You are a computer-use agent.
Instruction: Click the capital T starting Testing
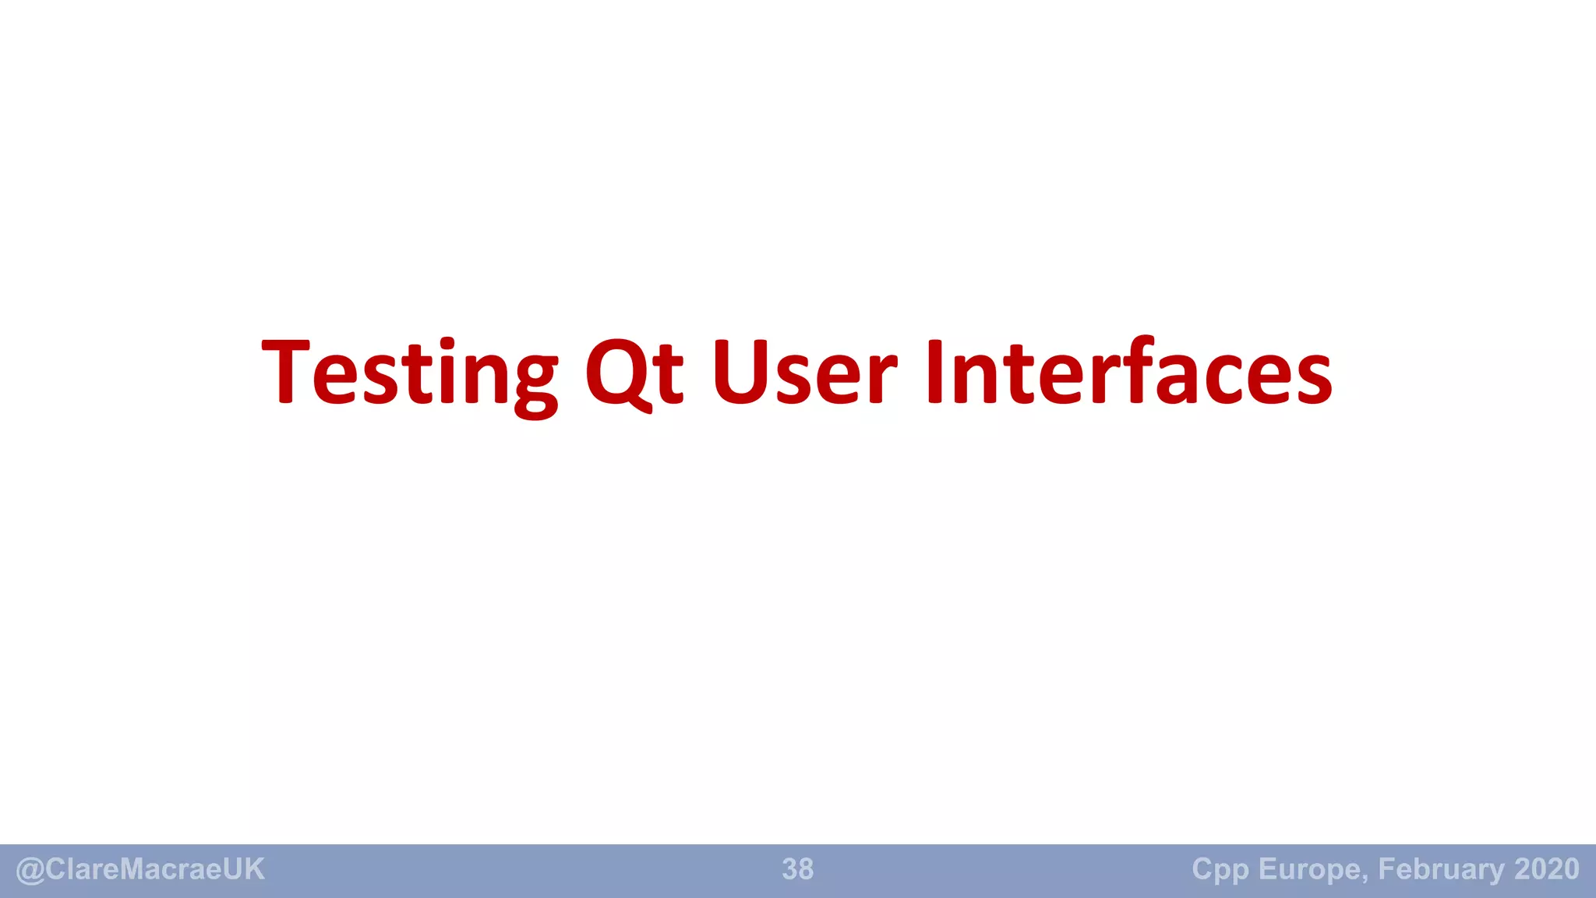[x=286, y=373]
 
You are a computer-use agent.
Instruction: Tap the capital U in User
[x=740, y=373]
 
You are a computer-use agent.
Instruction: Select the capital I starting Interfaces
[x=934, y=373]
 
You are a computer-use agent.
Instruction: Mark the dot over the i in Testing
[x=447, y=344]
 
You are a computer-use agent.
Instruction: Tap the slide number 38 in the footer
[x=797, y=869]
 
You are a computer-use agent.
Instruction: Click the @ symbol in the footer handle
[x=30, y=870]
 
